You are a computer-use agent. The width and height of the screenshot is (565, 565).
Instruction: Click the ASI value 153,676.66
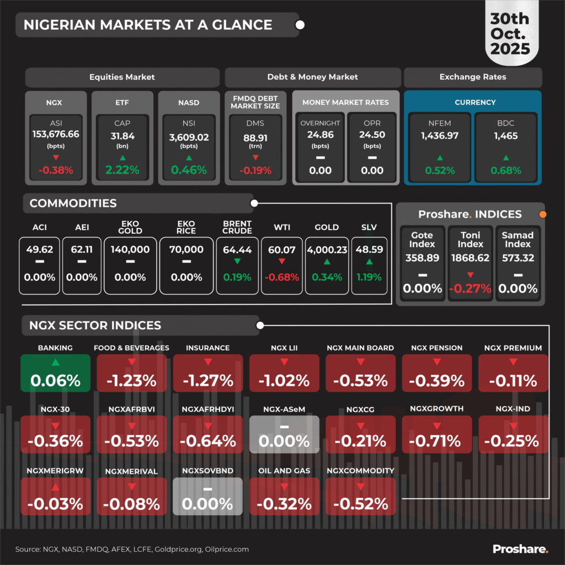pos(56,135)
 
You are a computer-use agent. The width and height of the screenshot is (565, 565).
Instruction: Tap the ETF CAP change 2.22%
pos(122,170)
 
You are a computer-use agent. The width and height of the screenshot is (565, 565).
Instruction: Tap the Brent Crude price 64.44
pos(237,250)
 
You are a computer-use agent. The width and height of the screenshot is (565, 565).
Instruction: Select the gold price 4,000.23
pos(327,250)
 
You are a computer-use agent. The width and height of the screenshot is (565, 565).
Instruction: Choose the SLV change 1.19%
pos(369,277)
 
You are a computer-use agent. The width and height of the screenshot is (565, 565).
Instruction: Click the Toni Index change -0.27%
pos(470,288)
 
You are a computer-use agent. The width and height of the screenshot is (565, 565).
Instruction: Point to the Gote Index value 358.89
pos(422,258)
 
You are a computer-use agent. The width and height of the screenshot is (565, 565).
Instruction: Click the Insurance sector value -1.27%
pos(207,380)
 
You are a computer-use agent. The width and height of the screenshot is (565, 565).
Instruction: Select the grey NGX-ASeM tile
pos(284,434)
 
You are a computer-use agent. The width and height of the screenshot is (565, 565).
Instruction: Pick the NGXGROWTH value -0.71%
pos(437,441)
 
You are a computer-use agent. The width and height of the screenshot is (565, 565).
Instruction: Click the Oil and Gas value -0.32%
pos(284,503)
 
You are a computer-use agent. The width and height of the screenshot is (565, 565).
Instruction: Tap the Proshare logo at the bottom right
pos(520,548)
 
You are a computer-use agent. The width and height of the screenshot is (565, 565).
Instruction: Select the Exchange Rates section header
pos(473,77)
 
